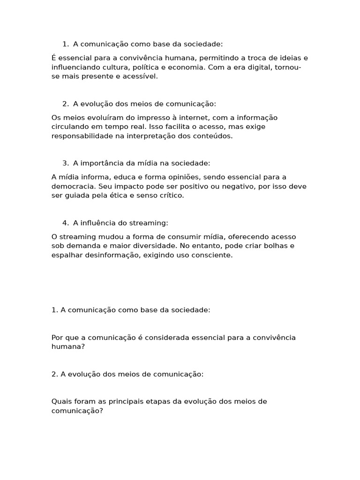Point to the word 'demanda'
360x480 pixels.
coord(80,246)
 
